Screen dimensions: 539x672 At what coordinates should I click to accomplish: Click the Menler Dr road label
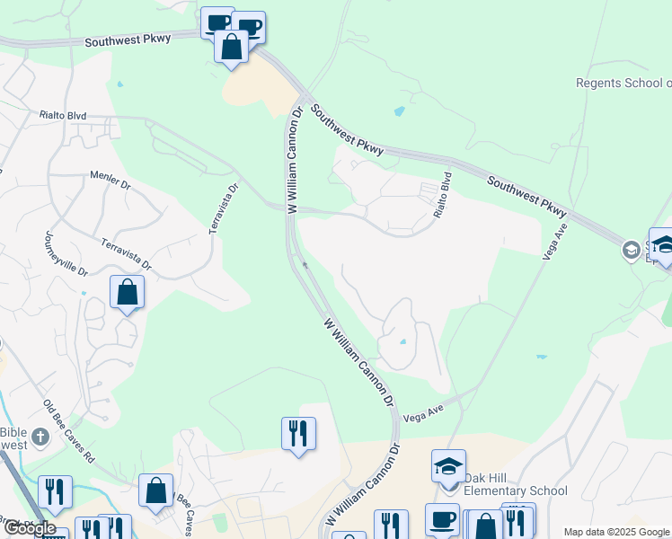pyautogui.click(x=111, y=182)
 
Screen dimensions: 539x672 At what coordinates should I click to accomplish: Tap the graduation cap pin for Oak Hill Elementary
pyautogui.click(x=448, y=466)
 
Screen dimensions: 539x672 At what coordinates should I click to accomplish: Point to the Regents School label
pyautogui.click(x=623, y=83)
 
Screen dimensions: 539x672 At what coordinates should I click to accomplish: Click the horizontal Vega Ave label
pyautogui.click(x=424, y=409)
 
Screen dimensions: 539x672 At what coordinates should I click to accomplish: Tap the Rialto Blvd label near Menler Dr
pyautogui.click(x=62, y=115)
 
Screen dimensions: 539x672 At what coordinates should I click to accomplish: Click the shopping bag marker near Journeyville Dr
pyautogui.click(x=128, y=292)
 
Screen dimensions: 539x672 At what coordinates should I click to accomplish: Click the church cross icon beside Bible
pyautogui.click(x=40, y=438)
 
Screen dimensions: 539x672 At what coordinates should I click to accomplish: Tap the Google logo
pyautogui.click(x=29, y=528)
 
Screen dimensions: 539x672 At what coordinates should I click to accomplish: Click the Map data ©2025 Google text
pyautogui.click(x=616, y=532)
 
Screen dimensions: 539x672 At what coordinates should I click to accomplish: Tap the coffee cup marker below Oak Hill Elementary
pyautogui.click(x=441, y=520)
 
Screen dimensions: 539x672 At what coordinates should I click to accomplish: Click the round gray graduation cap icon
pyautogui.click(x=632, y=250)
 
